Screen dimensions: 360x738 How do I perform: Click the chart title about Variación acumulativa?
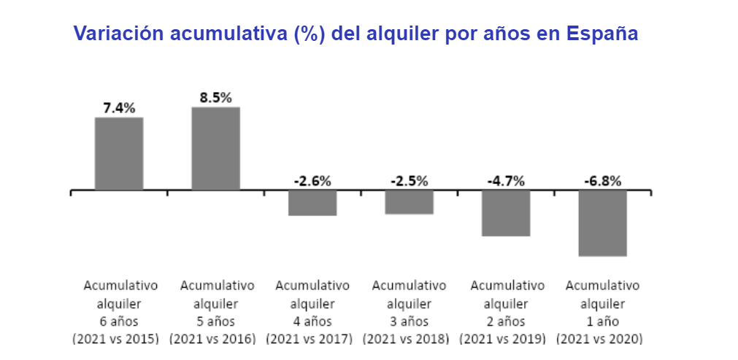point(355,34)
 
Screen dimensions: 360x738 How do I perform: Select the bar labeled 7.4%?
point(119,153)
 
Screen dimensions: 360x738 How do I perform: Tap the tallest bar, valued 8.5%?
point(215,148)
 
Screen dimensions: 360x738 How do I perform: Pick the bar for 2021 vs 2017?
point(312,203)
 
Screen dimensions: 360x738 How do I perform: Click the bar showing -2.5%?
point(409,202)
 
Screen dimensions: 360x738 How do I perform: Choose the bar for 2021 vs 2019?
point(506,212)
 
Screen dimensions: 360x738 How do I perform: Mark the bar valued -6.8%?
point(602,223)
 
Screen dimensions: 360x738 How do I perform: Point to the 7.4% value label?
point(119,108)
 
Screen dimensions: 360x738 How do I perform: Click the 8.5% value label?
point(215,97)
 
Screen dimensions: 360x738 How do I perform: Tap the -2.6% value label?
point(312,181)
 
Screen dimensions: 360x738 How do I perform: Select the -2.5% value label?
point(409,181)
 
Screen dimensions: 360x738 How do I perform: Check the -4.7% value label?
point(506,181)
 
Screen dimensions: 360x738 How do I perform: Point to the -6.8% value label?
point(602,181)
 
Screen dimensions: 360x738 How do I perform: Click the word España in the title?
point(602,34)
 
